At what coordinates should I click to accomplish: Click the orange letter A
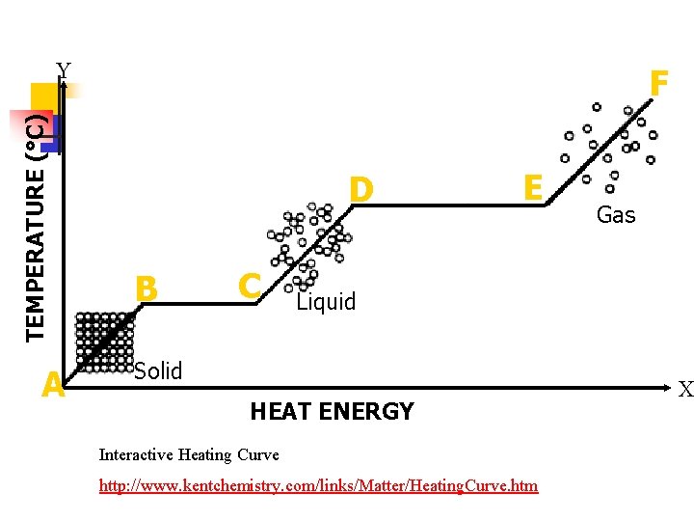[x=54, y=386]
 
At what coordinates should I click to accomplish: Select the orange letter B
[x=147, y=288]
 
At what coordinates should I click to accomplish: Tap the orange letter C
[x=250, y=285]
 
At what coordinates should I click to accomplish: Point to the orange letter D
[x=361, y=189]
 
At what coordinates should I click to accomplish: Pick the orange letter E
[x=531, y=185]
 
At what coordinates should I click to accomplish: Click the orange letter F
[x=659, y=84]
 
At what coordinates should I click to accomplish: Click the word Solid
[x=158, y=370]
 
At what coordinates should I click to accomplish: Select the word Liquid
[x=326, y=302]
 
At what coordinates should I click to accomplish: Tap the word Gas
[x=616, y=215]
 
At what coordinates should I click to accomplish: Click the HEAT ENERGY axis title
[x=332, y=412]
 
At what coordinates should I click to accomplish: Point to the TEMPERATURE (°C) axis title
[x=36, y=227]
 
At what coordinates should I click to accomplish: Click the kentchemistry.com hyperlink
[x=318, y=485]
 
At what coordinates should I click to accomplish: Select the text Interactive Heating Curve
[x=189, y=454]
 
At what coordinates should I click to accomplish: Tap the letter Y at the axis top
[x=64, y=69]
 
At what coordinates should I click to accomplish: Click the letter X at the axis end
[x=685, y=390]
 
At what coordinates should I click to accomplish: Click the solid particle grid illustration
[x=105, y=342]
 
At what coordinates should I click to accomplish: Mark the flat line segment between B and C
[x=197, y=304]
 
